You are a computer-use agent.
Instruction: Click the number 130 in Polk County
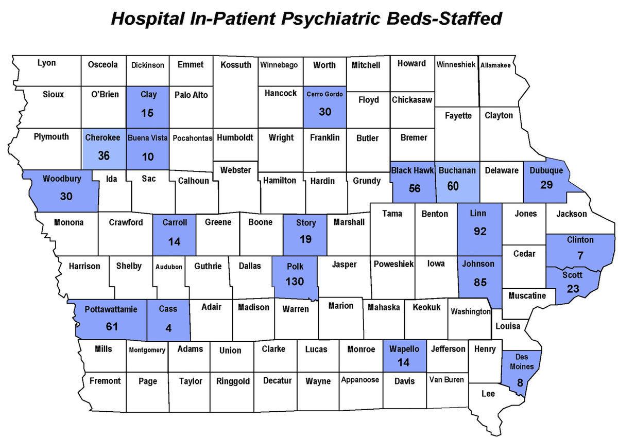tap(295, 282)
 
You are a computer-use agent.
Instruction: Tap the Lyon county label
tap(47, 63)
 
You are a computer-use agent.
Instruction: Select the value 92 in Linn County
tap(480, 232)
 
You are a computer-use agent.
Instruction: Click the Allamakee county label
tap(495, 65)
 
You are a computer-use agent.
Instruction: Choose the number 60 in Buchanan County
tap(453, 186)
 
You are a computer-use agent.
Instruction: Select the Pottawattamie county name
tap(112, 309)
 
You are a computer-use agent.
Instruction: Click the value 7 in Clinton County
tap(580, 256)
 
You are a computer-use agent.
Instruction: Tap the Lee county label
tap(488, 394)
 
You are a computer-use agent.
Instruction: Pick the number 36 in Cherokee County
tap(104, 155)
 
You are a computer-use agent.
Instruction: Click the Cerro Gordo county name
tap(324, 94)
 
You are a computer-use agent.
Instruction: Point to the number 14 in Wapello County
tap(403, 362)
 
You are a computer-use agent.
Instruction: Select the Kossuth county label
tap(236, 65)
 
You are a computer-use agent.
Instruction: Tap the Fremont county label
tap(105, 381)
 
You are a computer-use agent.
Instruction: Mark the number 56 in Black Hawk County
tap(415, 188)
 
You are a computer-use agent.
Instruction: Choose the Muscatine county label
tap(527, 296)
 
